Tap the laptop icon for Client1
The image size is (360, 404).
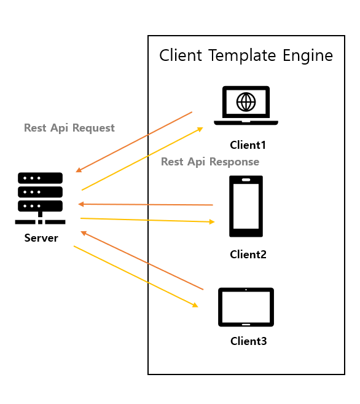click(246, 105)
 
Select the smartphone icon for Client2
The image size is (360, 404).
click(246, 206)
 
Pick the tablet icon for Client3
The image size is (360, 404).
click(246, 307)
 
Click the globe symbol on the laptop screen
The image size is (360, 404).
click(246, 102)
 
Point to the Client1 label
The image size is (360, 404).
click(248, 145)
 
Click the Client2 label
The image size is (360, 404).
click(248, 255)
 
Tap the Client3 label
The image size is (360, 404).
click(249, 341)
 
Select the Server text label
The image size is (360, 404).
click(41, 238)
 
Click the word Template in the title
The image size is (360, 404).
click(242, 56)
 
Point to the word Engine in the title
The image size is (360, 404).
click(308, 56)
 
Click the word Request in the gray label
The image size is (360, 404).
click(93, 128)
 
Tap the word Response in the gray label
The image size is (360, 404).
click(234, 162)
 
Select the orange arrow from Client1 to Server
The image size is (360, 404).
click(134, 142)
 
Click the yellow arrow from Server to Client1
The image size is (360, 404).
click(143, 159)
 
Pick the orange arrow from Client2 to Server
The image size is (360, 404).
click(146, 205)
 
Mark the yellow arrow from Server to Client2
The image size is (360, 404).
click(147, 220)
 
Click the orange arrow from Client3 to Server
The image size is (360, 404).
click(142, 261)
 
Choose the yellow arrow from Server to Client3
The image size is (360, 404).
click(136, 277)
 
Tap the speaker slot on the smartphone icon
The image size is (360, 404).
click(246, 180)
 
